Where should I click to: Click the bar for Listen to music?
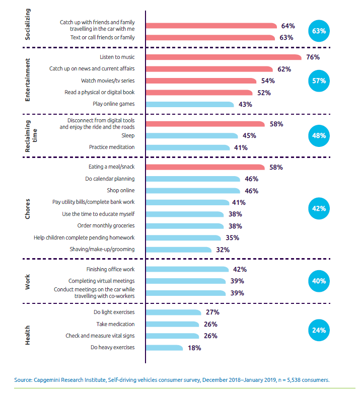coord(223,57)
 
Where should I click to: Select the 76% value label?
coord(313,57)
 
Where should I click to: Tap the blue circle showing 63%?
coord(319,31)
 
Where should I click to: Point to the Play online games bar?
coord(190,104)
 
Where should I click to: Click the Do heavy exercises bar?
coord(164,347)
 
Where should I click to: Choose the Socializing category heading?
coord(28,25)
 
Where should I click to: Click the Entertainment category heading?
coord(28,80)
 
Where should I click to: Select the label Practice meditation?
coord(112,147)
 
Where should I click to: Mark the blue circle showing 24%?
coord(319,331)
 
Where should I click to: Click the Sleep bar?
coord(192,135)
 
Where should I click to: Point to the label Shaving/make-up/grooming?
coord(102,249)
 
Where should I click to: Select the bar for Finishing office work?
coord(187,269)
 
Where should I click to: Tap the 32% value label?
coord(223,249)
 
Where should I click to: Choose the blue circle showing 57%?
coord(319,80)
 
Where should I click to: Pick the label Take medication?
coord(115,324)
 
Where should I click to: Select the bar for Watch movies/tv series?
coord(201,80)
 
